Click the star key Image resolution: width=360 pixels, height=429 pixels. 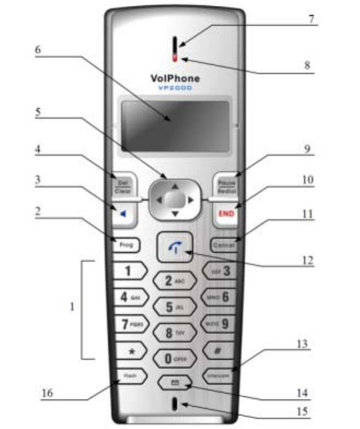(x=131, y=352)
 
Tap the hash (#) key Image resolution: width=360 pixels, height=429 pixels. (x=218, y=352)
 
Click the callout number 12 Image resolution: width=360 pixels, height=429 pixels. (x=309, y=261)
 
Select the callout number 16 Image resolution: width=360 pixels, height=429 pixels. (x=48, y=394)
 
